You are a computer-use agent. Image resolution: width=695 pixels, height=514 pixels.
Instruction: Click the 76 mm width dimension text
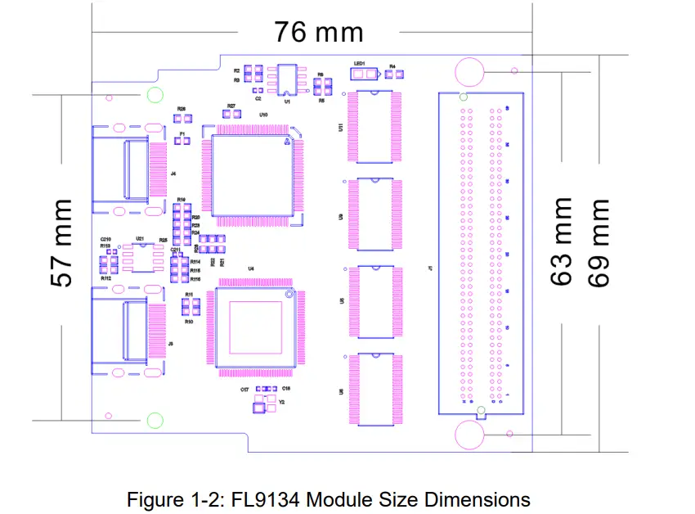point(318,32)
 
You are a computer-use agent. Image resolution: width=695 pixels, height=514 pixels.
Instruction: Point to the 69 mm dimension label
point(600,241)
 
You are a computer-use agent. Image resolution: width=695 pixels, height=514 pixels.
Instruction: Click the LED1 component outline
point(364,74)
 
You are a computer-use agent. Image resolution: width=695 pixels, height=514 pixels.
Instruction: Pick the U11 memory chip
point(374,126)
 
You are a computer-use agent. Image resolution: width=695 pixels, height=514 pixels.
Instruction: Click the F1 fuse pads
point(182,142)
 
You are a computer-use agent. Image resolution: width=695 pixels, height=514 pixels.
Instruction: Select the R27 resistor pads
point(231,115)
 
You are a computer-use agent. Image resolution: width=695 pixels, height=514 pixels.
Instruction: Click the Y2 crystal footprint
point(263,402)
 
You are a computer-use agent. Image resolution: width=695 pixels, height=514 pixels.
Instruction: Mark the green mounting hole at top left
point(154,95)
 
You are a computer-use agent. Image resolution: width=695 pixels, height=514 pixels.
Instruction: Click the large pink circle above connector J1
point(470,71)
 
